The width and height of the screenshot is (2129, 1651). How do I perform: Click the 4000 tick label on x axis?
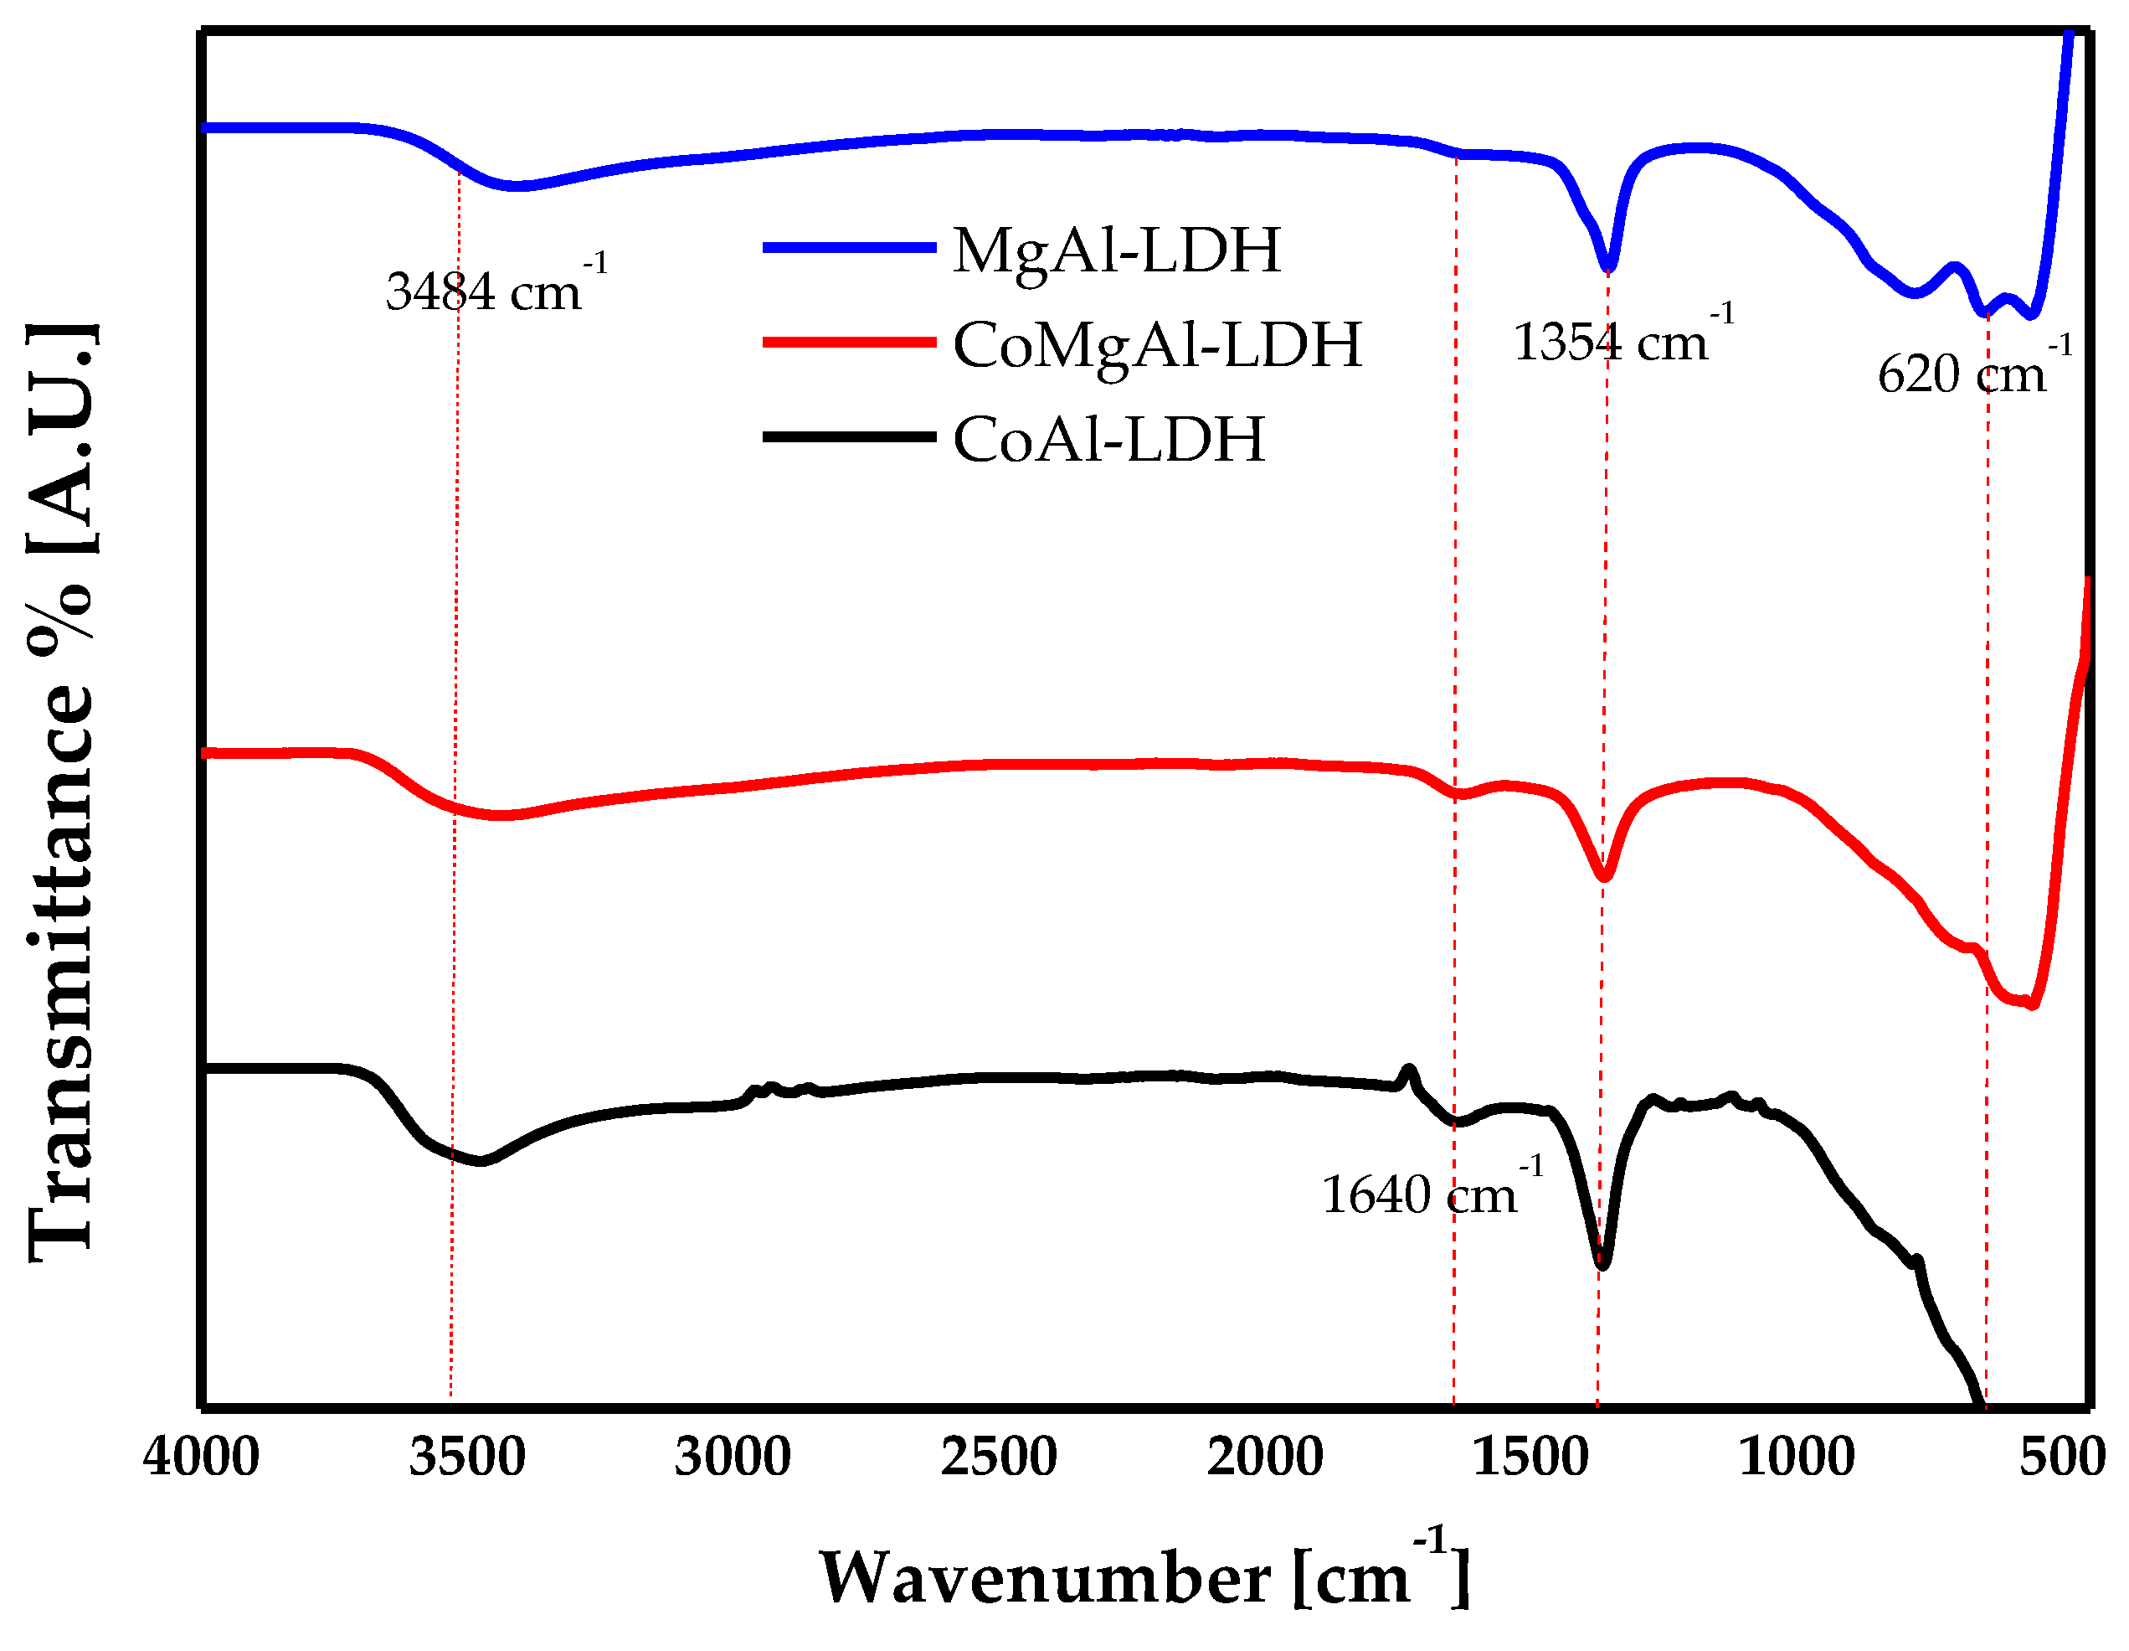201,1458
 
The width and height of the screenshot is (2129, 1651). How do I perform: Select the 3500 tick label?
467,1458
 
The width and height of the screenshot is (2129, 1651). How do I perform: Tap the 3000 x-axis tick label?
733,1458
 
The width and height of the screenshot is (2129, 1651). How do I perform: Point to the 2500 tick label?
999,1458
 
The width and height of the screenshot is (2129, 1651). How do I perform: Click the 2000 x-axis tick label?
1265,1458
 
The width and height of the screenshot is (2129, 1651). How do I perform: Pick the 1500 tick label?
1531,1458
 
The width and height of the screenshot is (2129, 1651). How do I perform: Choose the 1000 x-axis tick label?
1797,1458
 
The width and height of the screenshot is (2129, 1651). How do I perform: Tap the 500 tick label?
2060,1458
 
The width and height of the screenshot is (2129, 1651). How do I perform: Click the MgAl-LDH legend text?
1117,250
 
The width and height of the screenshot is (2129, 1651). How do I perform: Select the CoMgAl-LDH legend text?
1157,345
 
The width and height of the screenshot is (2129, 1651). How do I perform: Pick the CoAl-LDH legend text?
1109,440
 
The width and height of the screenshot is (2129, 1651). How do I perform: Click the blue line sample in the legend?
849,248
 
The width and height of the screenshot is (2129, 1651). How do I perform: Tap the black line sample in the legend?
849,437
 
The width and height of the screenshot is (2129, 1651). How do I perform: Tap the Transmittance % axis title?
60,792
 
